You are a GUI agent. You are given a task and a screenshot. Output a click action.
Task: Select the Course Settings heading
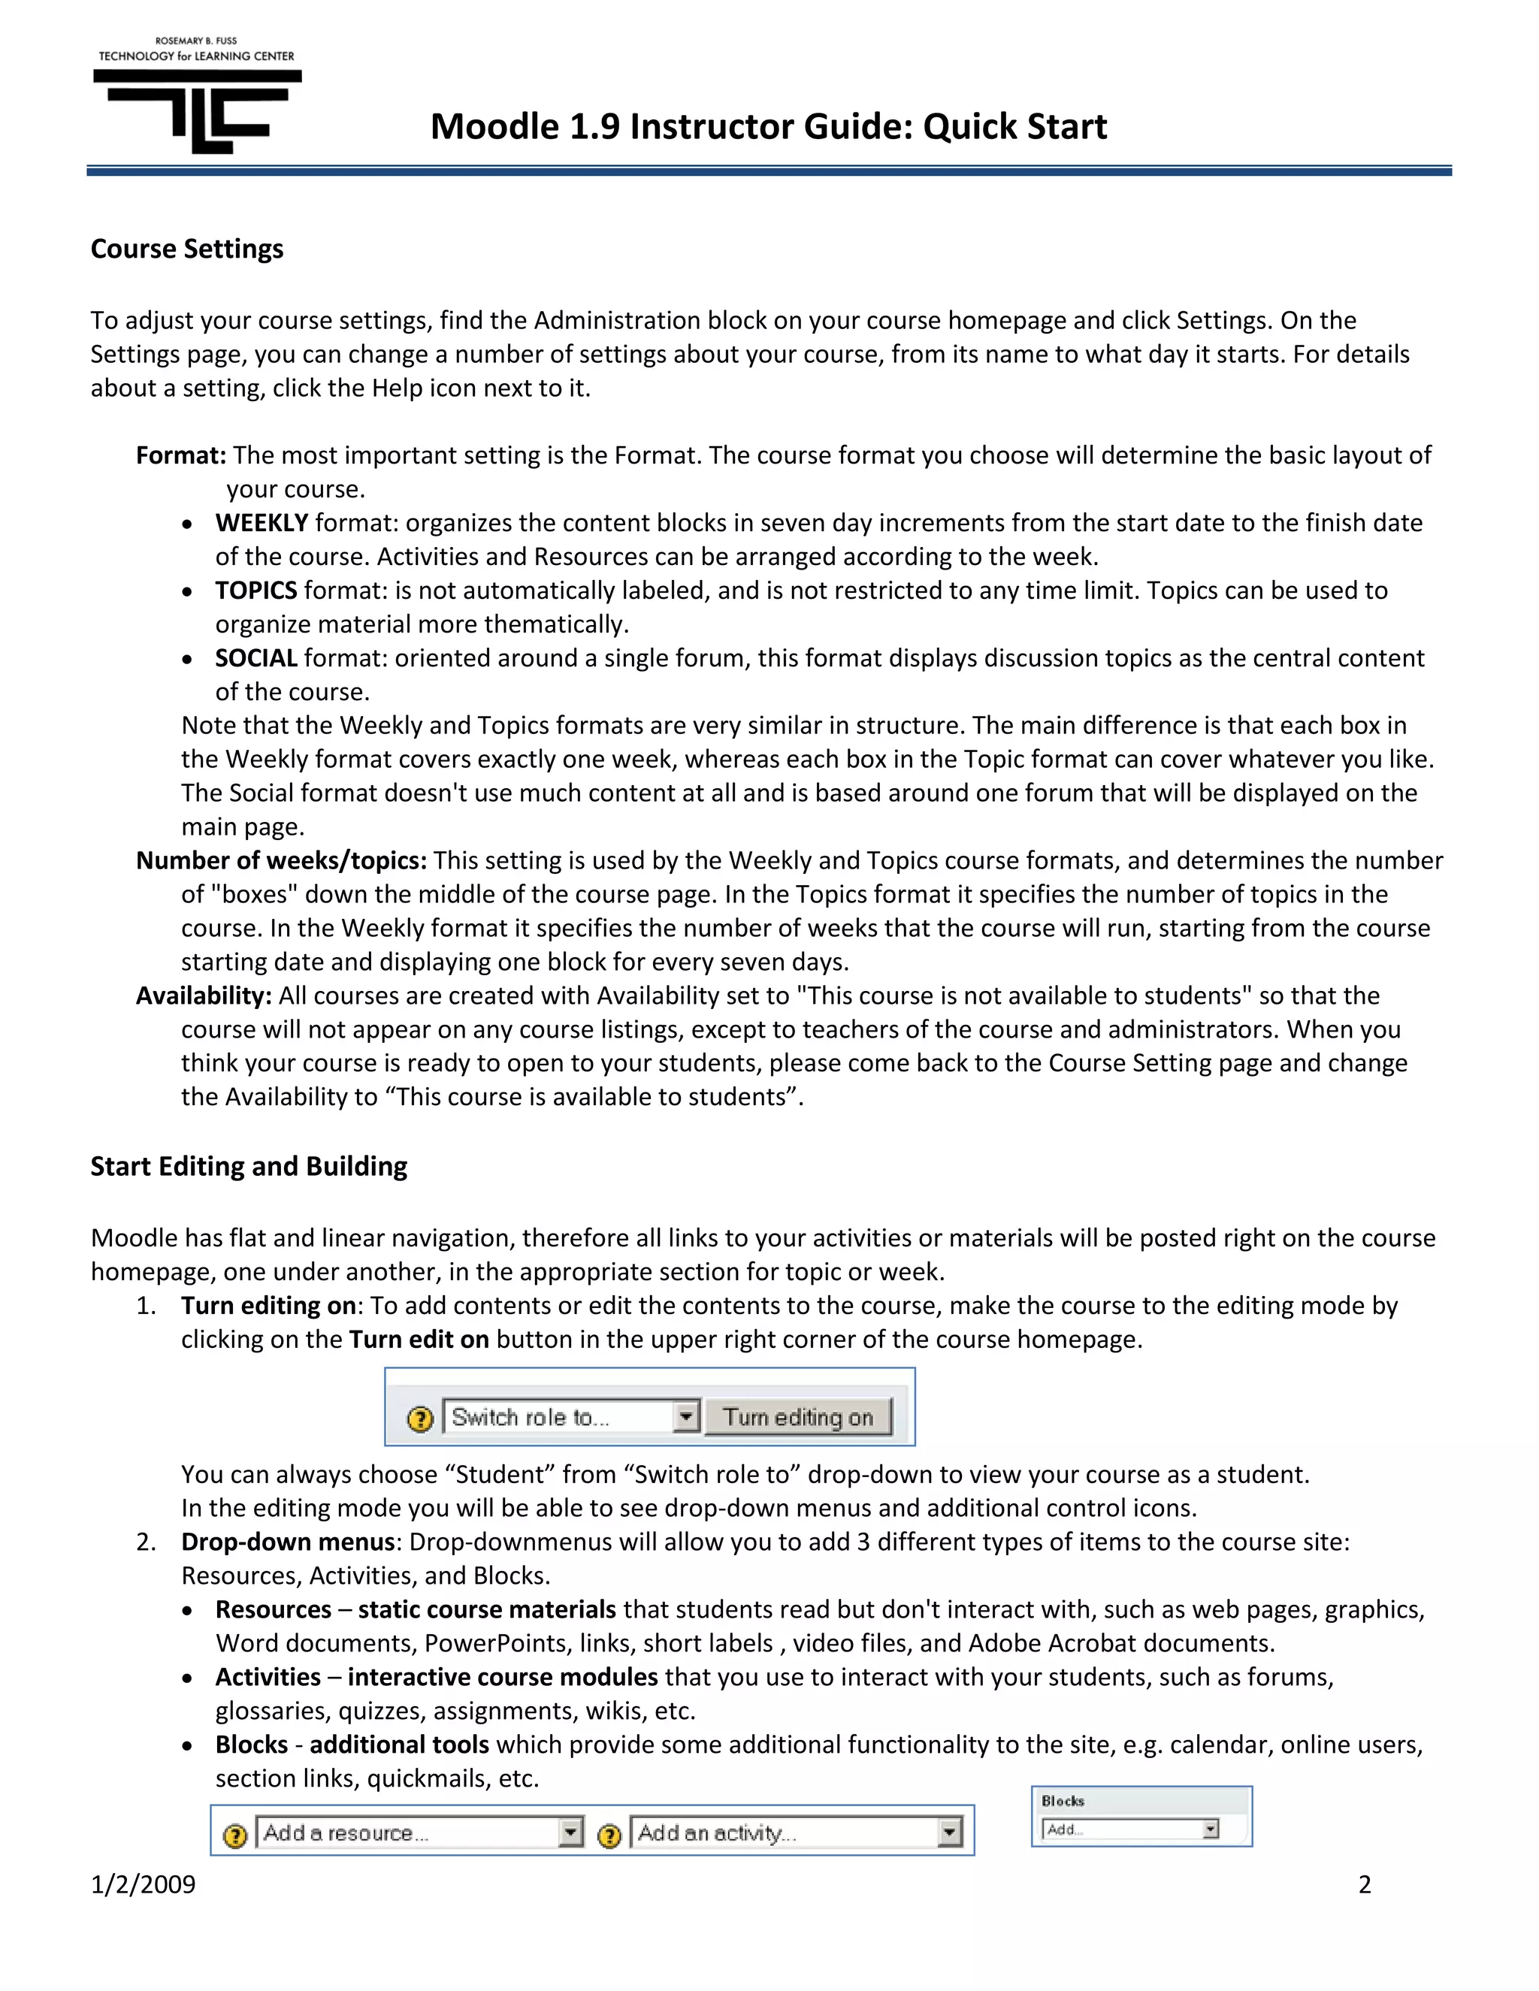(187, 249)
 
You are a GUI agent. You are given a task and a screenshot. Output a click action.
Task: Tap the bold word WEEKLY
(262, 523)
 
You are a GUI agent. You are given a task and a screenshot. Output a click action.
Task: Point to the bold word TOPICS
(256, 591)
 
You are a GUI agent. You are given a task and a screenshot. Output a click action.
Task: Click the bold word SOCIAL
(256, 658)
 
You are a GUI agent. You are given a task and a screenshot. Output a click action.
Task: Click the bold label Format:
(180, 456)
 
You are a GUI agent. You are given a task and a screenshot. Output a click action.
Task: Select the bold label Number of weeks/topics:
(281, 860)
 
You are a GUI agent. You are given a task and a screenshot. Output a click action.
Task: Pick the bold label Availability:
(204, 995)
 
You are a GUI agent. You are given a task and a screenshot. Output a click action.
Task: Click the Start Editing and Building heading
(249, 1167)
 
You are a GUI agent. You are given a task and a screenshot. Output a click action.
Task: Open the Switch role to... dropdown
(571, 1418)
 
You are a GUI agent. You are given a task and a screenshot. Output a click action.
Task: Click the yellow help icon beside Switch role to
(419, 1419)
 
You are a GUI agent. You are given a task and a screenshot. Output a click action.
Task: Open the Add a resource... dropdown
(419, 1833)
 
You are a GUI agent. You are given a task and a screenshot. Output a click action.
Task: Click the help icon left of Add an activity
(609, 1835)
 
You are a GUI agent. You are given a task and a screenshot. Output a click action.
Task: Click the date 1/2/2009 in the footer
(143, 1884)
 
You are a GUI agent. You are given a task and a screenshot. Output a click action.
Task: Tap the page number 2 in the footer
(1364, 1884)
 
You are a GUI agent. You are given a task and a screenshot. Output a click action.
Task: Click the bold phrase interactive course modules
(503, 1678)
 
